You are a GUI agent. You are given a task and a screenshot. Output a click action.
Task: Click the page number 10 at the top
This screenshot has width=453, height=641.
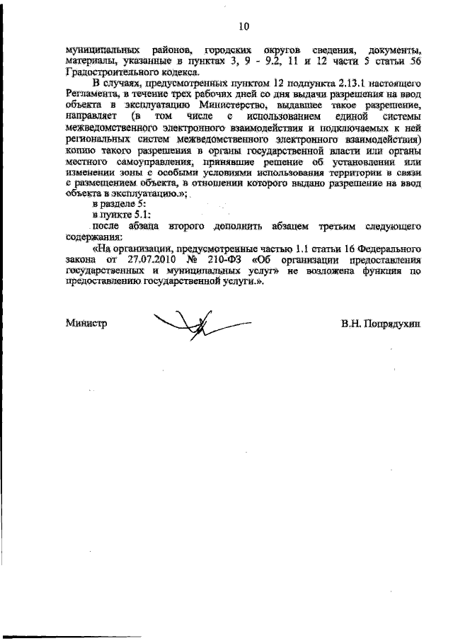click(243, 27)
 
